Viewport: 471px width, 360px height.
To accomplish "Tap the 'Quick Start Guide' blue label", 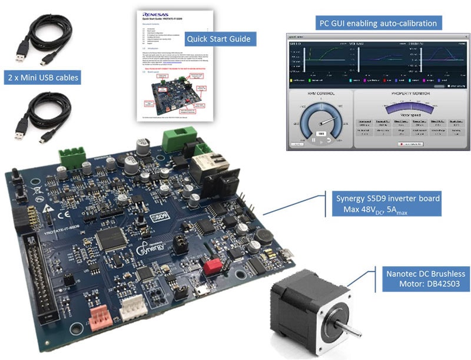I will point(218,39).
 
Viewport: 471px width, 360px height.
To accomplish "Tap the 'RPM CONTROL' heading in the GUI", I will point(321,94).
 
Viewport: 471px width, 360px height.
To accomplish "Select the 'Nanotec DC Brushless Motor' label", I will point(424,279).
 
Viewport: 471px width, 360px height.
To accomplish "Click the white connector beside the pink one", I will point(135,307).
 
